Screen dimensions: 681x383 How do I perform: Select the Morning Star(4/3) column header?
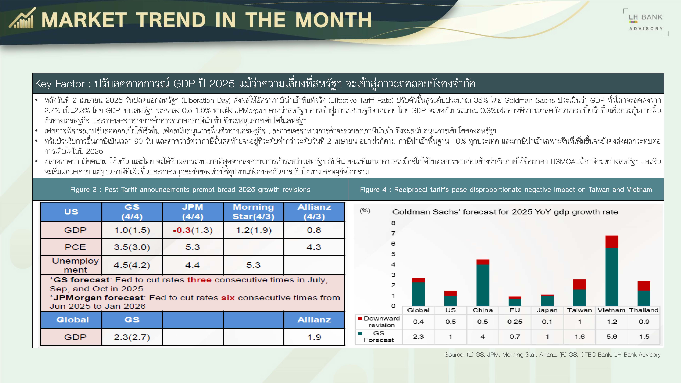coord(253,212)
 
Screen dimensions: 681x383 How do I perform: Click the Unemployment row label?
coord(75,265)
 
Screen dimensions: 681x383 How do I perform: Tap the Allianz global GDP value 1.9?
coord(314,337)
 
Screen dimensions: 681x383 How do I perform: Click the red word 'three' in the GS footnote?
coord(199,280)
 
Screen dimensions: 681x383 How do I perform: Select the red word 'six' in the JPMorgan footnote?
coord(228,298)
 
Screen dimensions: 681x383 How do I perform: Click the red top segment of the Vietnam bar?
coord(612,242)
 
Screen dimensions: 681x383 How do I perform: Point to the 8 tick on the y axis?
coord(393,223)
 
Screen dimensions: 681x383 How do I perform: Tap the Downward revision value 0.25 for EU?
coord(515,322)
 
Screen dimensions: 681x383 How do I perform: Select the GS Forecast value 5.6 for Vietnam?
coord(612,337)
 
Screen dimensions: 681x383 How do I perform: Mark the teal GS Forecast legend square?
coord(360,333)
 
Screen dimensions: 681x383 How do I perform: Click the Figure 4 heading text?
coord(506,189)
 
